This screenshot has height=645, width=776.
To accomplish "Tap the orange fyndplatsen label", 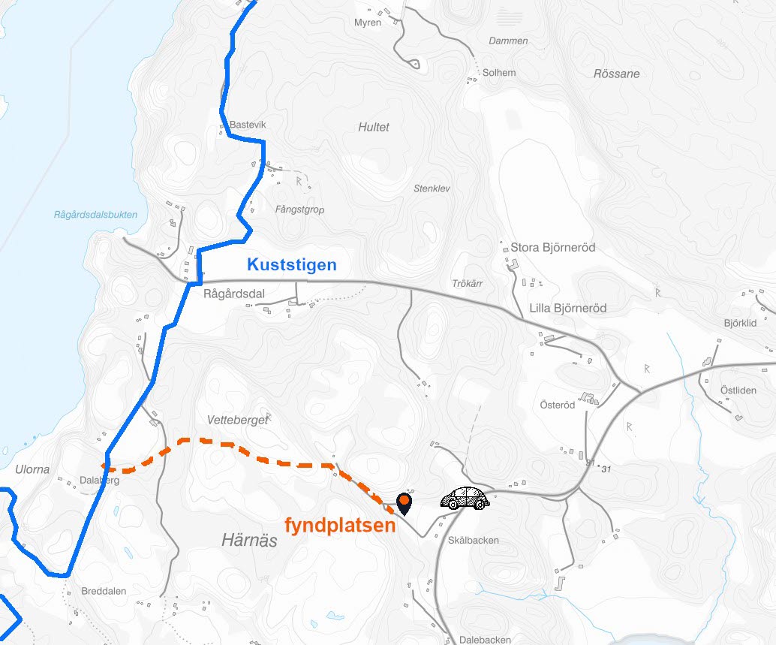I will point(340,525).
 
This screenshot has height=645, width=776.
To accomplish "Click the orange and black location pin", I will point(404,503).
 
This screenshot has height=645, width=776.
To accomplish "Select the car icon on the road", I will point(465,499).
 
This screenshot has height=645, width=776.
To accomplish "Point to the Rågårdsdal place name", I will point(234,294).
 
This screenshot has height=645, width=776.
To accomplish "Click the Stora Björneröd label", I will point(552,247).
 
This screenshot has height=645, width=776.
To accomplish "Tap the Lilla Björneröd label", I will point(567,308).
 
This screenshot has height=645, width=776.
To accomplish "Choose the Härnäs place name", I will point(249,540).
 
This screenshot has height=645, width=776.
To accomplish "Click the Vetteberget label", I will point(237,420).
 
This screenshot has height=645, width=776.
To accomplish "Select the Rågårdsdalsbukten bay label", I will point(95,215).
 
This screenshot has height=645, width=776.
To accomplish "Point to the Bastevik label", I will point(248,125).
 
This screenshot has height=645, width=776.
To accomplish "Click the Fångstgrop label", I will point(299,209).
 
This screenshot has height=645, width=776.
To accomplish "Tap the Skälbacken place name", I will point(473,540).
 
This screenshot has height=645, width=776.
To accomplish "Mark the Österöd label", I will point(558,405).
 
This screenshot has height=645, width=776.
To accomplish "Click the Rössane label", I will point(616,74).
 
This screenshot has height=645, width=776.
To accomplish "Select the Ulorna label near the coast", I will point(32,469).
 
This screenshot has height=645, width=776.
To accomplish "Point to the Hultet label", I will point(374,127).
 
